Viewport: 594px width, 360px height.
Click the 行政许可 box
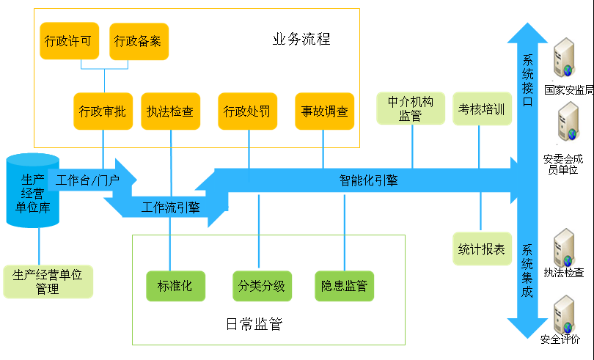[x=68, y=41]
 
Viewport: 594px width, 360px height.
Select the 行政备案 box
[x=139, y=41]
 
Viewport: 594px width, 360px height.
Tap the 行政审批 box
[x=103, y=111]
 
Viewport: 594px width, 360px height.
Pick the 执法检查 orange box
[x=170, y=111]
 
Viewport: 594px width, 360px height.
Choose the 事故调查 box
[x=325, y=111]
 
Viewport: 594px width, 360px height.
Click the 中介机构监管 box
[x=411, y=109]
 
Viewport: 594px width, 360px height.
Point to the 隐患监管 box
[x=344, y=286]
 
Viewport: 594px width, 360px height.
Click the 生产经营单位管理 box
[x=48, y=281]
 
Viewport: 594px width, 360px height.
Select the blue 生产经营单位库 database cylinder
[x=32, y=189]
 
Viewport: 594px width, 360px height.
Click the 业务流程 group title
[x=301, y=40]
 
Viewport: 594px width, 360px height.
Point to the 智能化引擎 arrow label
[x=368, y=180]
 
